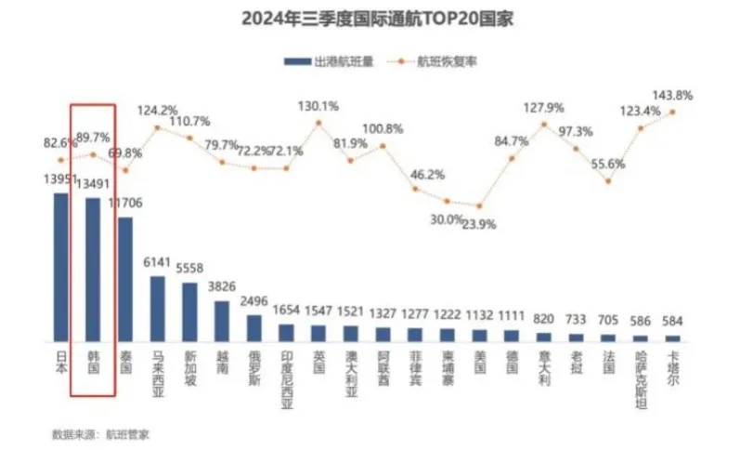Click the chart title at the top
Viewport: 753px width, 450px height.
click(x=375, y=19)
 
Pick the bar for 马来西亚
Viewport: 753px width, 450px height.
click(x=158, y=308)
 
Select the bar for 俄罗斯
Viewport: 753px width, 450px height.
click(x=253, y=327)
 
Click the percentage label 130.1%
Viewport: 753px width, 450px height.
click(x=319, y=105)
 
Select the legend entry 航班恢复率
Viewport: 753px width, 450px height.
click(x=448, y=62)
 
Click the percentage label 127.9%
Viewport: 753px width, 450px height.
click(x=545, y=107)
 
